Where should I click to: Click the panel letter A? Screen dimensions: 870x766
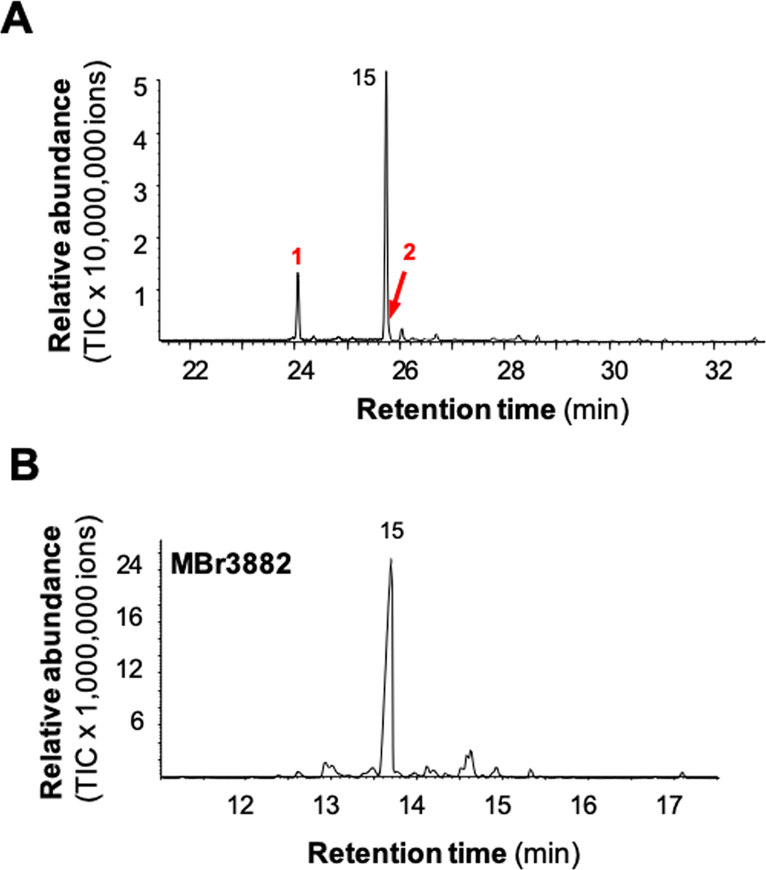[x=17, y=17]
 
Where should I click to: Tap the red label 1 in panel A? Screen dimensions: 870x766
[x=297, y=254]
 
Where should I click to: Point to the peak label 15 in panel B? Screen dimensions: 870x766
[x=391, y=531]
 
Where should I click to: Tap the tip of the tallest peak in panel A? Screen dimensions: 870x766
[x=386, y=72]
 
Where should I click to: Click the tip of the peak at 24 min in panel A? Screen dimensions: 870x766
[x=298, y=273]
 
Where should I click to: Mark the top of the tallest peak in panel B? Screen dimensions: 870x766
[x=392, y=558]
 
